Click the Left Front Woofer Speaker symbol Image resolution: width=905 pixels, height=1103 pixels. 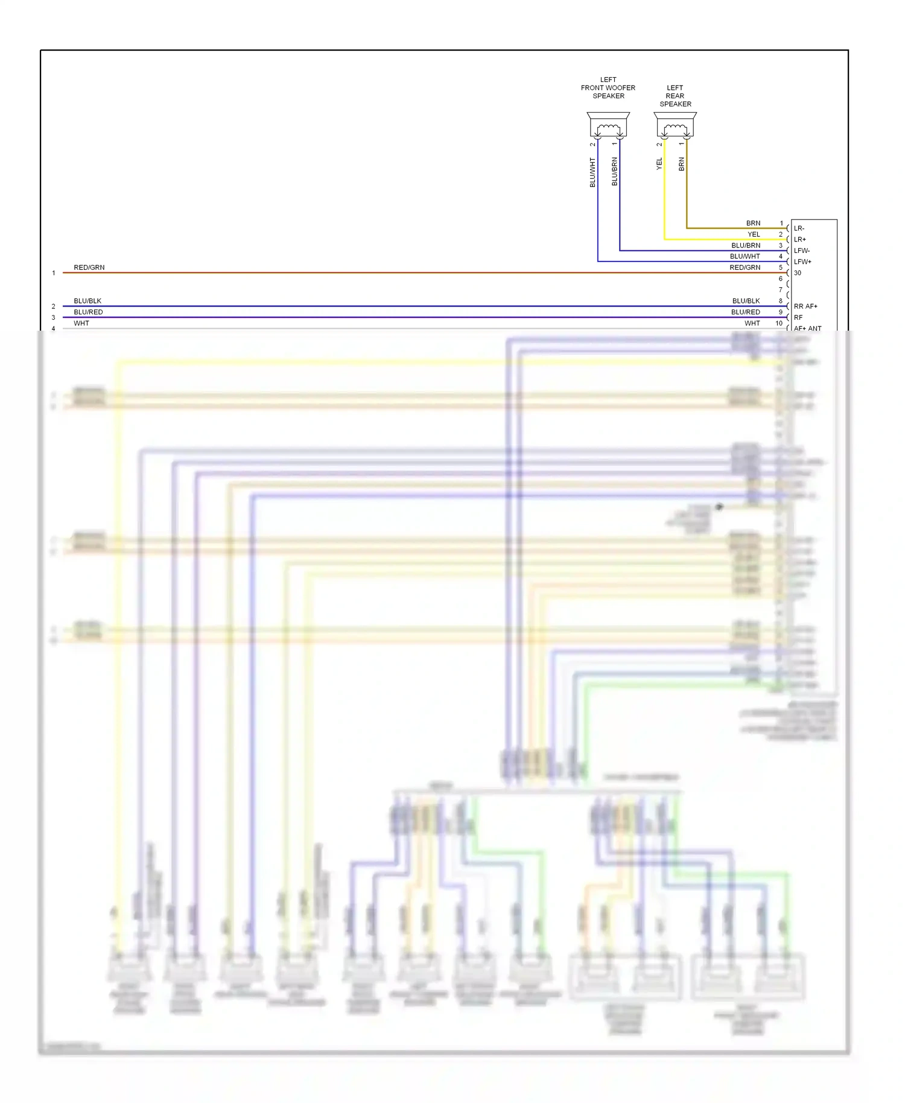click(608, 126)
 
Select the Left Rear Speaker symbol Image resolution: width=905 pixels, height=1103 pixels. click(675, 126)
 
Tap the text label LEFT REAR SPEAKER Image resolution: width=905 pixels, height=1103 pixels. click(675, 96)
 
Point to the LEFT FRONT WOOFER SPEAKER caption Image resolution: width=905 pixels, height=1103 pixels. click(608, 88)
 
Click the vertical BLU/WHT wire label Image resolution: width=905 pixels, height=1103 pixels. click(592, 173)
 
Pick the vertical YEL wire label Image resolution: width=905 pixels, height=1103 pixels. click(659, 164)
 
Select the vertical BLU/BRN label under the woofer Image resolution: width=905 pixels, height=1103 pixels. click(615, 171)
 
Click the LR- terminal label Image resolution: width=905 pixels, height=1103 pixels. click(799, 229)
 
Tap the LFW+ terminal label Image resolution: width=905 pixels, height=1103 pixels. click(802, 262)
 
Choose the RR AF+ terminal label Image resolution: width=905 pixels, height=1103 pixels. click(805, 307)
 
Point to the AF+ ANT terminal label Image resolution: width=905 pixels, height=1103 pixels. click(807, 329)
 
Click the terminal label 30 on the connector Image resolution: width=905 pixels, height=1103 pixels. click(798, 273)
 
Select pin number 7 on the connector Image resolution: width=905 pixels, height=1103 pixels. click(780, 290)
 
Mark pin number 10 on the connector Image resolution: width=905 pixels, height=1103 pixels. click(779, 323)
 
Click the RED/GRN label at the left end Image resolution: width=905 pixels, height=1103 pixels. click(89, 268)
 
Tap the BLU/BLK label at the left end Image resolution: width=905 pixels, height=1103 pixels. click(87, 301)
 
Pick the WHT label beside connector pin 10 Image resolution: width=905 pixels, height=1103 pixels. click(752, 323)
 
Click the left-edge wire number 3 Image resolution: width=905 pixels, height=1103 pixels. click(53, 318)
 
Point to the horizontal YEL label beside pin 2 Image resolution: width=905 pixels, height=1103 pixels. click(754, 235)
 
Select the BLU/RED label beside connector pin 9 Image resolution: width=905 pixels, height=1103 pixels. click(746, 313)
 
